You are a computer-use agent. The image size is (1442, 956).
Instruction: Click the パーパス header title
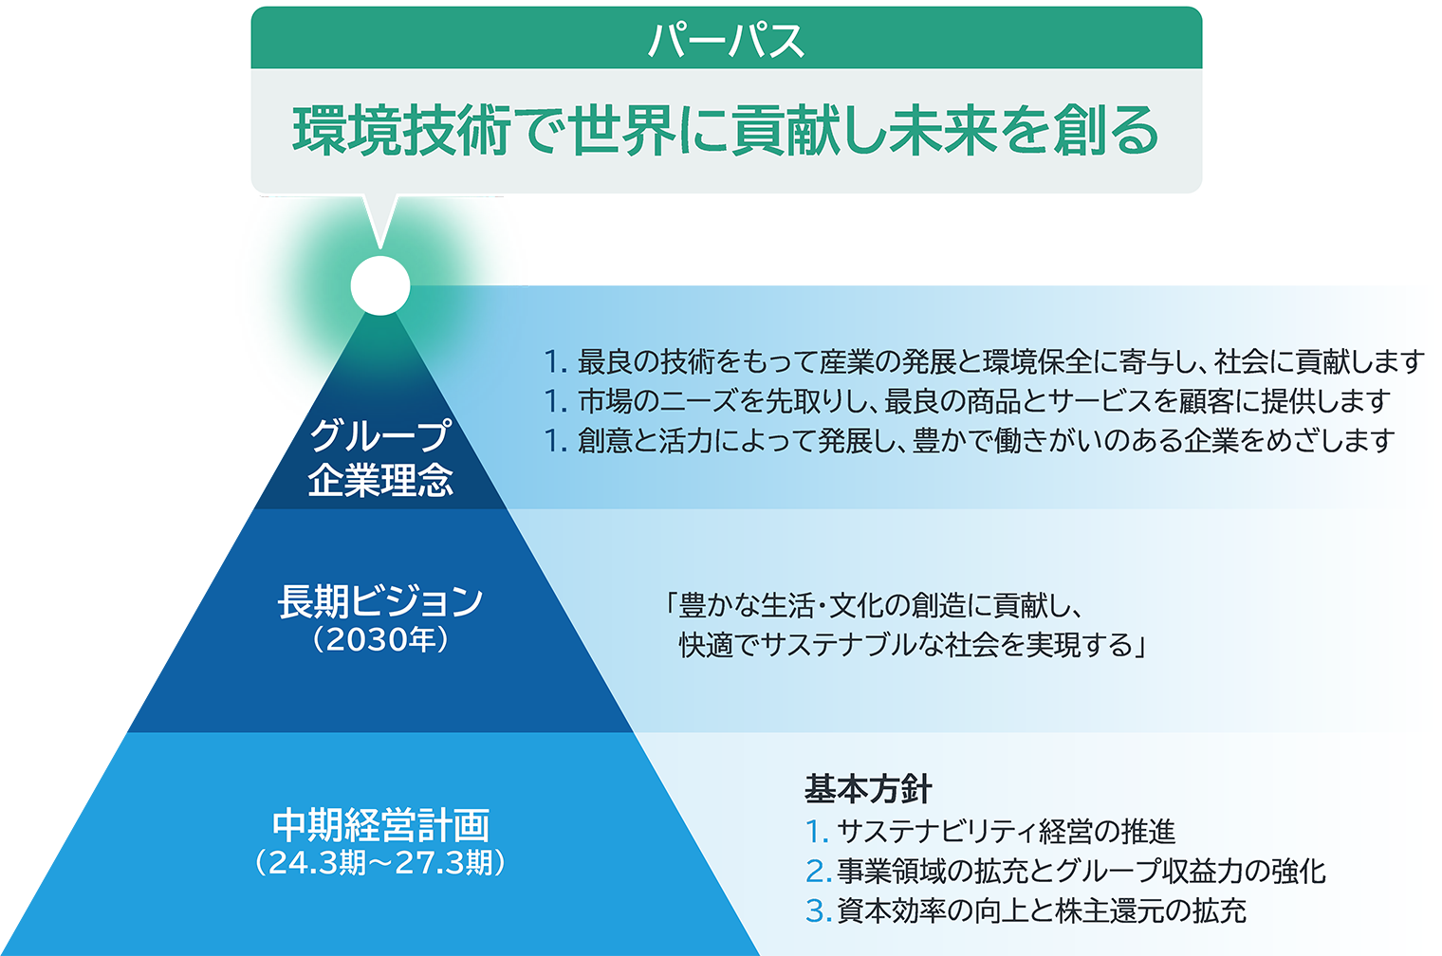click(726, 40)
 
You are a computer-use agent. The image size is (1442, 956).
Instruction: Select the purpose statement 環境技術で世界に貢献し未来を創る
click(726, 131)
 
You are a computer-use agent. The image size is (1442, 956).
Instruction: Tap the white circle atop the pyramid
click(380, 285)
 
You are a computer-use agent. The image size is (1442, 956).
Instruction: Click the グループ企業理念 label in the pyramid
click(380, 458)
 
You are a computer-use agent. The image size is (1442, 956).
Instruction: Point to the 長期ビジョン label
click(380, 602)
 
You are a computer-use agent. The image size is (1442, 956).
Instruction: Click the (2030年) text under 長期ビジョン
click(380, 640)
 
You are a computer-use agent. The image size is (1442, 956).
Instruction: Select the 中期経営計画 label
click(380, 825)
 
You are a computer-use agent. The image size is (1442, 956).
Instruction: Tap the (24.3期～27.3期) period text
click(380, 863)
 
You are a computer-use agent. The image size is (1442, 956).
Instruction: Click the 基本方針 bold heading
click(868, 789)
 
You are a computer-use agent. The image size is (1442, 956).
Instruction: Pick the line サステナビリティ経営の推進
click(1007, 832)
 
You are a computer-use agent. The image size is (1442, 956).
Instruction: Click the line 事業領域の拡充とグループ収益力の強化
click(1081, 871)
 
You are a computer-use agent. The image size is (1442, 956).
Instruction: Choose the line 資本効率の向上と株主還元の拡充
click(1042, 910)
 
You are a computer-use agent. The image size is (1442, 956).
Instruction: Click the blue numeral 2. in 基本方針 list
click(818, 872)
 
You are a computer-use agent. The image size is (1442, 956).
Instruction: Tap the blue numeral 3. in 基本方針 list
click(818, 910)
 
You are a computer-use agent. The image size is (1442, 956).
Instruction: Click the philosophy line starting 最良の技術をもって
click(1000, 361)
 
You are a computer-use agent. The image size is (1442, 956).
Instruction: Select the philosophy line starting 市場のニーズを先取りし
click(984, 401)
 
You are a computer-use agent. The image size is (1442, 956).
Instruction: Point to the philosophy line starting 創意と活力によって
click(987, 440)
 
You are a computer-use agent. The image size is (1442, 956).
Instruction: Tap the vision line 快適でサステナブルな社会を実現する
click(913, 644)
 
